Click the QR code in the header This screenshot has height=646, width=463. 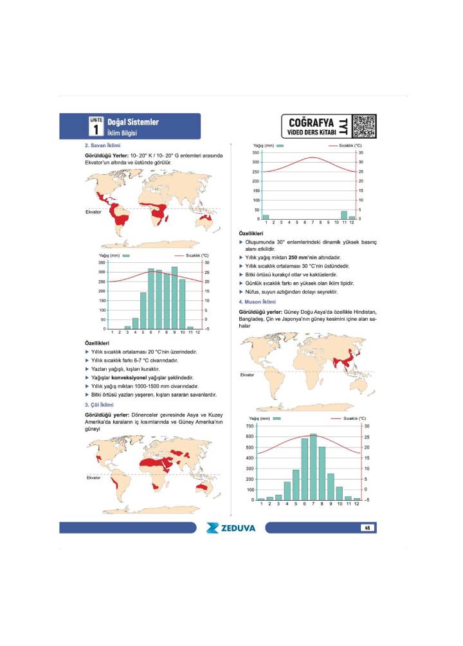[x=364, y=125]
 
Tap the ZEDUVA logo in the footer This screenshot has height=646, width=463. [x=231, y=528]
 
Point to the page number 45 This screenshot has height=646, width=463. [x=367, y=528]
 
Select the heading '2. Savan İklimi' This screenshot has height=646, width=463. [x=103, y=146]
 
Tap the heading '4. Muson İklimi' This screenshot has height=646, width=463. [x=257, y=301]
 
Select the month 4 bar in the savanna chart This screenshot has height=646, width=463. [x=135, y=323]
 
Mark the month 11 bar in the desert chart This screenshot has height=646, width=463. [x=344, y=215]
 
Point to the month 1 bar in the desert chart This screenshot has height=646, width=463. [x=266, y=217]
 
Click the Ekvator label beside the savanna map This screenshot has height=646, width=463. [x=93, y=211]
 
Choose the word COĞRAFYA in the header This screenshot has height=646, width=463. [x=311, y=121]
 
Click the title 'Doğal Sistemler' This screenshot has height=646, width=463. [x=133, y=122]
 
